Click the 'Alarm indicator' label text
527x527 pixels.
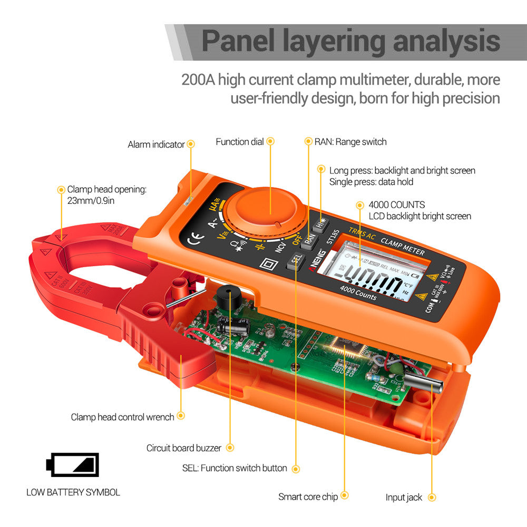[x=156, y=144]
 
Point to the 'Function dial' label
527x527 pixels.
[x=240, y=142]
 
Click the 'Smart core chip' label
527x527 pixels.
[x=308, y=497]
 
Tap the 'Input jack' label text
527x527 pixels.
[x=404, y=497]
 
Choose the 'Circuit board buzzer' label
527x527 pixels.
[x=184, y=448]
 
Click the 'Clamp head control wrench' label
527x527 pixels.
[x=122, y=417]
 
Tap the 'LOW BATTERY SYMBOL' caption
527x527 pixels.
[x=73, y=493]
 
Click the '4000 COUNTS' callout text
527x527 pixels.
[x=397, y=204]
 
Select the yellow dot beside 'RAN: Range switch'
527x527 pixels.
[x=309, y=142]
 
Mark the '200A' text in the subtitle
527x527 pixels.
[x=198, y=80]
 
